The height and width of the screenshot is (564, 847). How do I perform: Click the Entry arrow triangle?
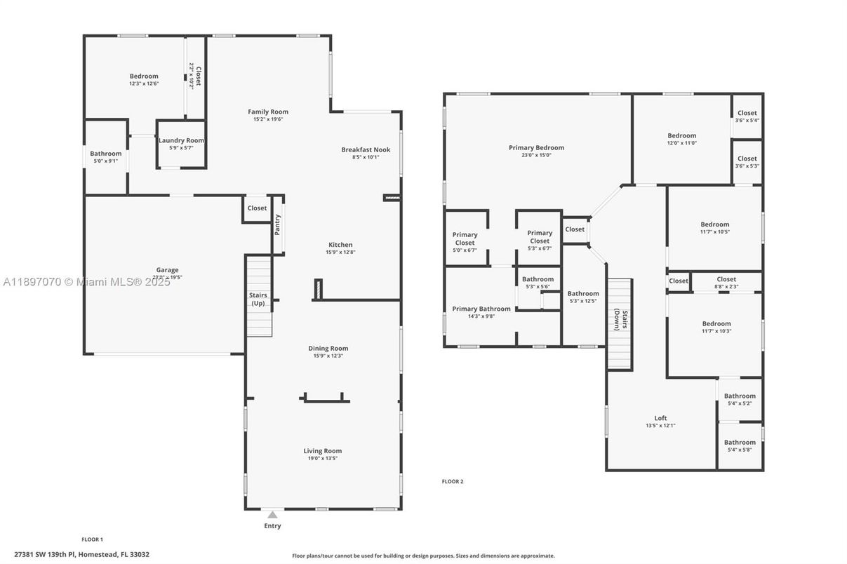(x=272, y=515)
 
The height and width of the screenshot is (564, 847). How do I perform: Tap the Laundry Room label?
(x=181, y=140)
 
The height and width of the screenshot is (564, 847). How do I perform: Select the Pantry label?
(x=278, y=224)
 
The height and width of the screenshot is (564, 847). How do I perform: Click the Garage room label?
(x=167, y=270)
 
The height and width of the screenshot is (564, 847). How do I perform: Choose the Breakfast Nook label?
(x=366, y=149)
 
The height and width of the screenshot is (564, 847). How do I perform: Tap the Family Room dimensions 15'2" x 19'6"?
(x=267, y=119)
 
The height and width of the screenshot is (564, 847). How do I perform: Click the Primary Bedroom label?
(x=536, y=148)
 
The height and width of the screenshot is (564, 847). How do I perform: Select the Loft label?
(x=660, y=418)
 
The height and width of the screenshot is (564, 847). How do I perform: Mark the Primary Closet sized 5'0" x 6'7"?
(x=465, y=239)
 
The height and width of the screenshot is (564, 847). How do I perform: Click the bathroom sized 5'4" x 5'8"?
(x=740, y=445)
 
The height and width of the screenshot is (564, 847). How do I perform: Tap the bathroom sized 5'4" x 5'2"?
(x=740, y=399)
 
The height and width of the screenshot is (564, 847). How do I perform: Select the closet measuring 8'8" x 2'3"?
(x=726, y=282)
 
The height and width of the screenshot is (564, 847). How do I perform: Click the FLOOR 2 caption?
(x=452, y=481)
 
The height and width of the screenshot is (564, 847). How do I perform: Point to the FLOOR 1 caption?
(x=92, y=539)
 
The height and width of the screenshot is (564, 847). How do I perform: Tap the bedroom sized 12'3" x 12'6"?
(x=144, y=79)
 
